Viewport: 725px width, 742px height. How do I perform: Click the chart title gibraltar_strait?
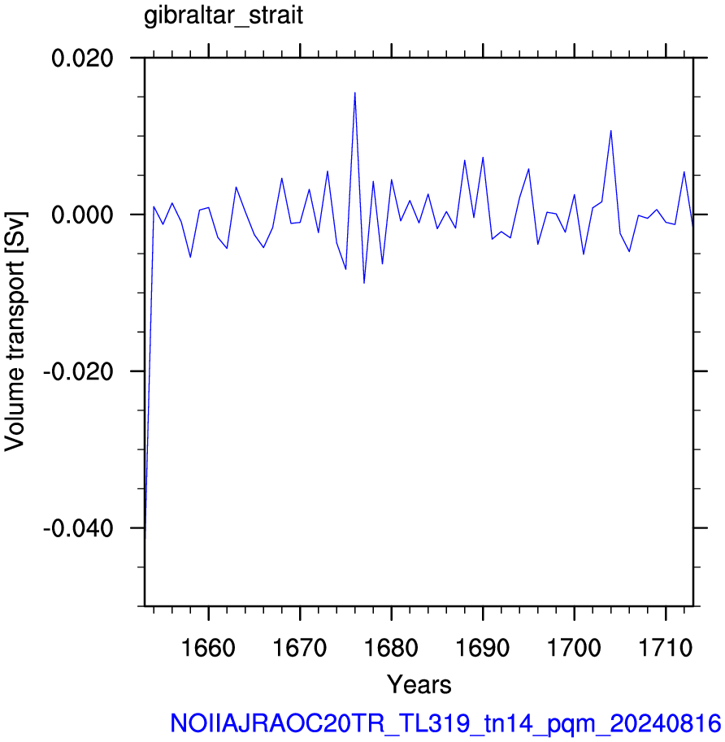coord(224,16)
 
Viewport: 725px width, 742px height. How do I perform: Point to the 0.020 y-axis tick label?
coord(82,59)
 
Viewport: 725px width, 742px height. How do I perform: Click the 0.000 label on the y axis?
coord(82,215)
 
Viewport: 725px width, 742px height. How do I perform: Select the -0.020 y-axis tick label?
coord(79,371)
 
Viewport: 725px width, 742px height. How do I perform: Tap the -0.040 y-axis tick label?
coord(79,528)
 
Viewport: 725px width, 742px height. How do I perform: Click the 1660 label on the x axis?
coord(208,648)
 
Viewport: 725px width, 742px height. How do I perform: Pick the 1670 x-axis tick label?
coord(300,648)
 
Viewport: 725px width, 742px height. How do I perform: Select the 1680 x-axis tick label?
coord(392,648)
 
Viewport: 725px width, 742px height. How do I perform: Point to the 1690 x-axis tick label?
coord(483,648)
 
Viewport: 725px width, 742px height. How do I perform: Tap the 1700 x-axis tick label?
coord(574,648)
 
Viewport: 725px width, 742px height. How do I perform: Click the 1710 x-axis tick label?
coord(666,648)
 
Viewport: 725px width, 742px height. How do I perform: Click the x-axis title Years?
coord(419,684)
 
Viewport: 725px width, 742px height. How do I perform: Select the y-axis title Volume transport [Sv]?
coord(15,332)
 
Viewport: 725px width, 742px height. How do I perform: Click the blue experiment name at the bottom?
coord(445,723)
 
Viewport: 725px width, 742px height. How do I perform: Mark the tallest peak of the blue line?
coord(355,93)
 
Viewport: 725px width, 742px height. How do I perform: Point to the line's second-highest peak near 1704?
coord(611,131)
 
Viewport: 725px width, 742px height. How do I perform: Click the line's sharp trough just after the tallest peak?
coord(364,283)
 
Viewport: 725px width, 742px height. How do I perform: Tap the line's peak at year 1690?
coord(483,157)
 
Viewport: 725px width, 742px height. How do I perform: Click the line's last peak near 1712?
coord(684,171)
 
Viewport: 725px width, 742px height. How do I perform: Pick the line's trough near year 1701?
coord(584,254)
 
